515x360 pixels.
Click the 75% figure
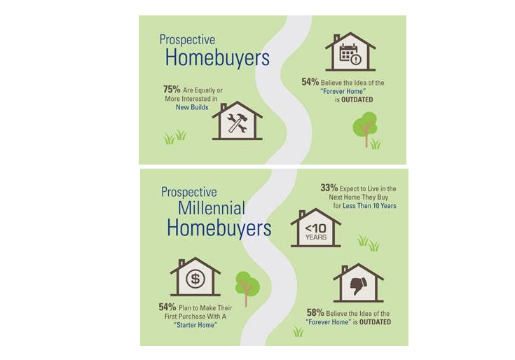click(172, 89)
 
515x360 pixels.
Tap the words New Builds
click(192, 107)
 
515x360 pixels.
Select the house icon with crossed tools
click(237, 120)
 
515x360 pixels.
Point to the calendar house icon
click(350, 52)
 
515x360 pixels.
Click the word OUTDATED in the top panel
click(357, 99)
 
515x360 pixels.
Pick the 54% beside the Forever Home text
click(310, 82)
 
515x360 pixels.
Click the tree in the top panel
click(364, 129)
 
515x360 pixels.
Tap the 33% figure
click(329, 188)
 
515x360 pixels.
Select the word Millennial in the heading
click(212, 208)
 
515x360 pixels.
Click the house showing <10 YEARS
click(315, 228)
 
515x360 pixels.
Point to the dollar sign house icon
click(195, 277)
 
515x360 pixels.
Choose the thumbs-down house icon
click(358, 282)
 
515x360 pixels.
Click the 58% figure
click(315, 312)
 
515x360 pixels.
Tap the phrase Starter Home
click(195, 325)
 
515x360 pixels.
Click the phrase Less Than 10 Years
click(369, 206)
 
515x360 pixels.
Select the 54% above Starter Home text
click(167, 307)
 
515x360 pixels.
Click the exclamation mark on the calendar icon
click(356, 60)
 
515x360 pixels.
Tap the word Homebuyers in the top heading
click(217, 57)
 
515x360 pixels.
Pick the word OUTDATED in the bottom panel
click(375, 322)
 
